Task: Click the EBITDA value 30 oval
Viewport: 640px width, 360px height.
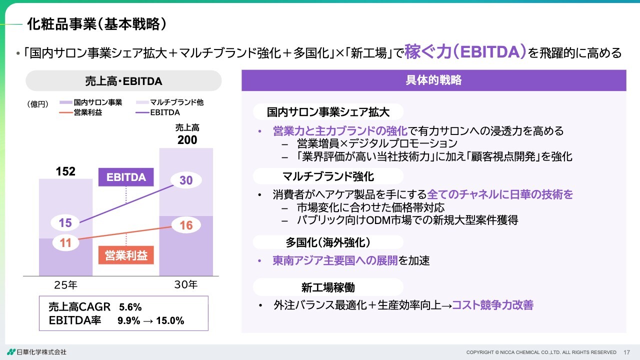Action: tap(186, 181)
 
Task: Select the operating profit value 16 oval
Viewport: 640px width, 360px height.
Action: tap(185, 225)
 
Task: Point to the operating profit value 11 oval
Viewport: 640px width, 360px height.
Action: tap(65, 244)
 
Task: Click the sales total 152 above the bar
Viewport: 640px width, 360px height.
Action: tap(65, 171)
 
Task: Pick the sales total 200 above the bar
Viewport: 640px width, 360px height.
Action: tap(187, 140)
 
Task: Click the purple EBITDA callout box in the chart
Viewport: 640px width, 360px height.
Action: tap(126, 177)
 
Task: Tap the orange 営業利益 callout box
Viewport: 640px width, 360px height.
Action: tap(126, 255)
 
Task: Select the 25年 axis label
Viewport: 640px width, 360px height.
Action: tap(65, 285)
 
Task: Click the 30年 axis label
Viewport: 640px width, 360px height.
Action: tap(186, 285)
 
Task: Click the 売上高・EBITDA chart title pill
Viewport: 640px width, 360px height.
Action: tap(123, 81)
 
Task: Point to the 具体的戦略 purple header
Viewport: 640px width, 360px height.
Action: tap(433, 80)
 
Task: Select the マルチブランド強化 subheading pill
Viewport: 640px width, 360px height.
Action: tap(328, 176)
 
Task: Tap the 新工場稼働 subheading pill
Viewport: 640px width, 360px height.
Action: tap(328, 287)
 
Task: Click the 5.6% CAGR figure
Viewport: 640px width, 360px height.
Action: tap(130, 307)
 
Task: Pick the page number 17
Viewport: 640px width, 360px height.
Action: tap(627, 352)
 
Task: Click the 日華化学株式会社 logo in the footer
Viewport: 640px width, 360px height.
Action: tap(36, 352)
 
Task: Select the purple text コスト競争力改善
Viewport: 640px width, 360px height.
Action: tap(492, 305)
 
